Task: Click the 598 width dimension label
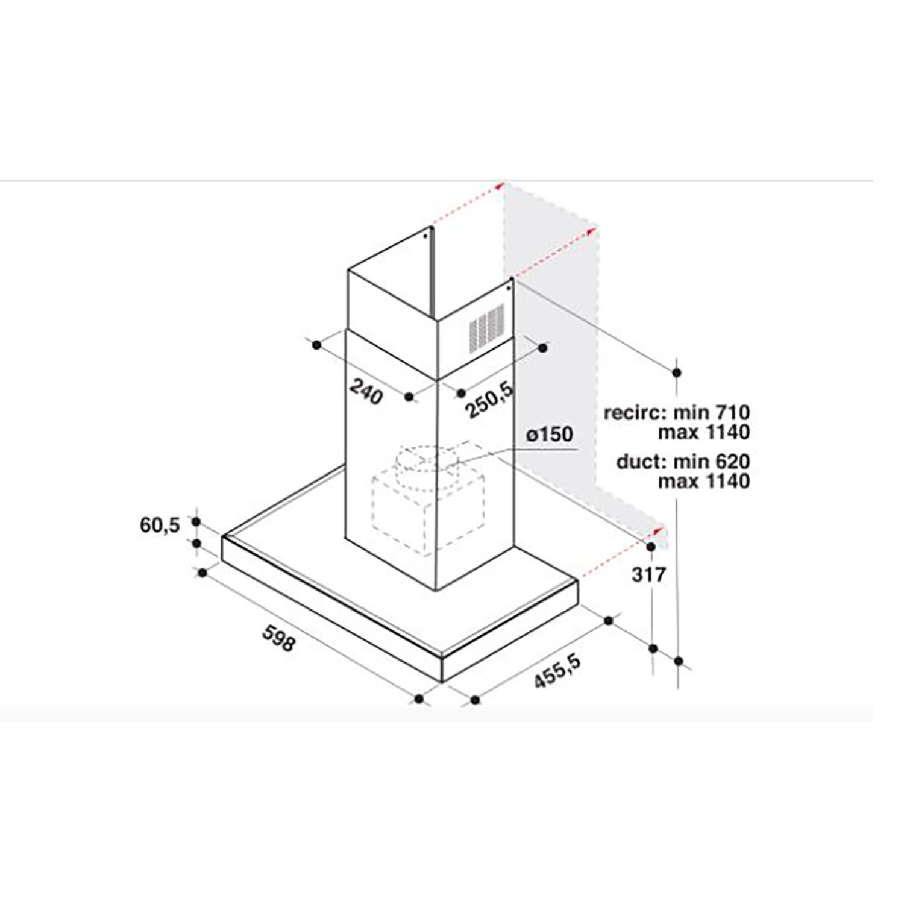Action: (278, 638)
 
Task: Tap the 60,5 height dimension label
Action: (160, 525)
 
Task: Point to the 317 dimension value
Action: (648, 574)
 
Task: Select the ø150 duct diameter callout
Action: (548, 434)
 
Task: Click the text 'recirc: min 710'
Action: (677, 413)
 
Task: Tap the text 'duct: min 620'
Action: (683, 462)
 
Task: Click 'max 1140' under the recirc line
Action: (703, 432)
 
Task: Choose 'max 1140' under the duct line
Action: (703, 481)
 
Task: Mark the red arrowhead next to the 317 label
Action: (658, 531)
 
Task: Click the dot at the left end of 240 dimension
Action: (316, 344)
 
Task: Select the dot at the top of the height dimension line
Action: (677, 372)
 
